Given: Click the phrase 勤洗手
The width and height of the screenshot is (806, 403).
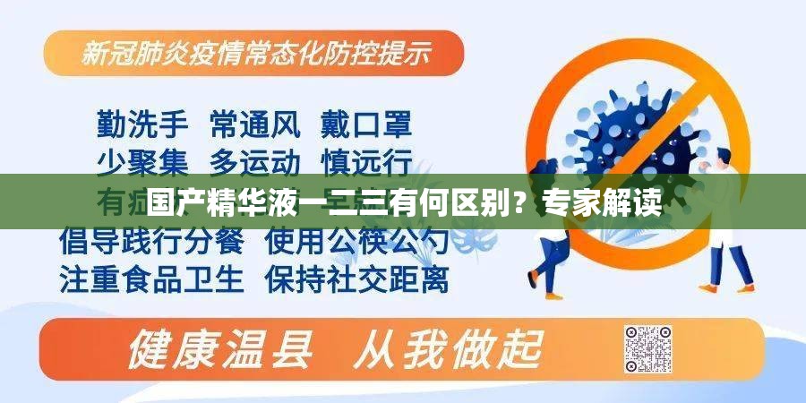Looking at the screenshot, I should point(142,124).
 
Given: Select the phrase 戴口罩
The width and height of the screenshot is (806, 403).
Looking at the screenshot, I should point(367,124).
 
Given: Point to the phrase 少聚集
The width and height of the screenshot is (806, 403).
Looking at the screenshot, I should point(142,162).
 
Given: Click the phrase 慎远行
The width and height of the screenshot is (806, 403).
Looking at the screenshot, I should point(367,162).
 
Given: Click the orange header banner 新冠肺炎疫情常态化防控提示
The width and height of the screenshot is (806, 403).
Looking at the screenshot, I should point(255,54).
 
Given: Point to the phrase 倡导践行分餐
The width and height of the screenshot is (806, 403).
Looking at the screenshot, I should point(151,240).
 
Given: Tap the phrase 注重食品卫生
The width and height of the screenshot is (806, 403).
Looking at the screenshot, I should point(151,279).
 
